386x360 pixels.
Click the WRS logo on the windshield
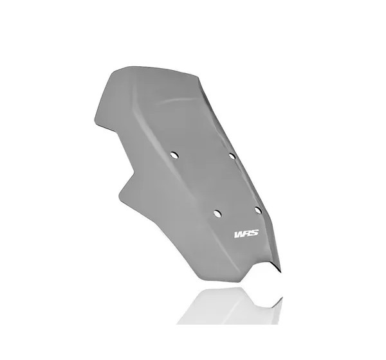pos(246,233)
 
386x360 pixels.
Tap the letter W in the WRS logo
pos(239,234)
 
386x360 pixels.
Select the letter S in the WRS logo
pos(255,233)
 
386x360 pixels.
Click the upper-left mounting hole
pos(174,156)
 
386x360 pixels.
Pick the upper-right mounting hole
pos(232,156)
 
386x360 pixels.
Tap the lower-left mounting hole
pos(217,213)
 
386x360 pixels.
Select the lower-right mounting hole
pos(258,210)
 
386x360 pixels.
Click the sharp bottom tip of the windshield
pos(281,272)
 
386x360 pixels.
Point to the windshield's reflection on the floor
pos(232,307)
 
